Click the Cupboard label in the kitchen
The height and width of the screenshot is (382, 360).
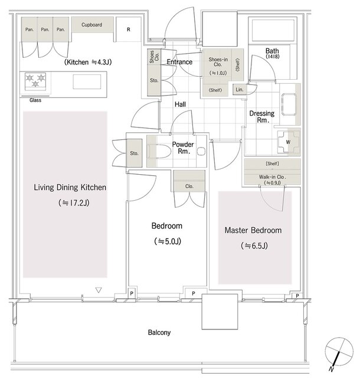[92, 25]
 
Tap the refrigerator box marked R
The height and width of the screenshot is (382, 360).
[129, 30]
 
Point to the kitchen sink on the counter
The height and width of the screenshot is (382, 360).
[87, 81]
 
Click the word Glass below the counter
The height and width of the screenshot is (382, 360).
[35, 100]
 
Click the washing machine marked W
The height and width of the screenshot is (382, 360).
[289, 142]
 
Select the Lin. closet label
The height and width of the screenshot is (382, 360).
[240, 90]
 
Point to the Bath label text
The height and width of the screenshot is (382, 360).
[272, 51]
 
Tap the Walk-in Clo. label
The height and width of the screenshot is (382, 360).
[272, 177]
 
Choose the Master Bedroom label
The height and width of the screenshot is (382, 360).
[253, 230]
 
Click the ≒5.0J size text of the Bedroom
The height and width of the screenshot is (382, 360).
[168, 241]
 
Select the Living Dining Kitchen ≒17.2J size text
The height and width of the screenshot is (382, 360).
[74, 203]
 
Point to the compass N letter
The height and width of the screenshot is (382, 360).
[330, 370]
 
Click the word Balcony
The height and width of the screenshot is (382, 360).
[159, 332]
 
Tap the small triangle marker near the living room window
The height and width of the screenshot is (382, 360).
[99, 290]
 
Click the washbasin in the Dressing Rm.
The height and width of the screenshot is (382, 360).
[289, 105]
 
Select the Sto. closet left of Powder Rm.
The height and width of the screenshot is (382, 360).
[134, 154]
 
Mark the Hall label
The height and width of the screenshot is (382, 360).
[180, 105]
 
